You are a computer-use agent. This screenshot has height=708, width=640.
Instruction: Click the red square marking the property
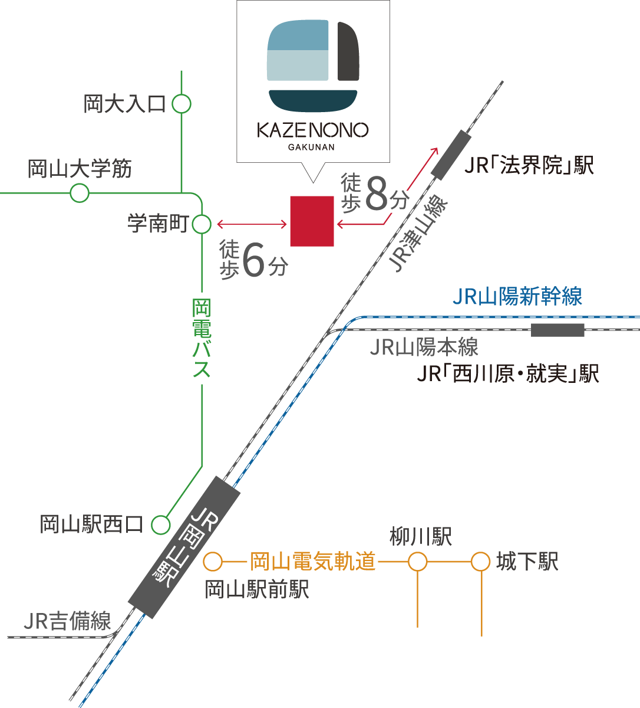312,221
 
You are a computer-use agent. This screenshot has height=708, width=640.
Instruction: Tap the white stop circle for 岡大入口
182,104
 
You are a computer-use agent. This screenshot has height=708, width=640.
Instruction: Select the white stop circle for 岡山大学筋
80,193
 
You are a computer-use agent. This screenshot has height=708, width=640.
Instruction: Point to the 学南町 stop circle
202,224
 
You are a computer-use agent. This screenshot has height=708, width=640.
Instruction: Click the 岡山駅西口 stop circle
160,525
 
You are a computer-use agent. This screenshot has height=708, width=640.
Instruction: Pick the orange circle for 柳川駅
417,562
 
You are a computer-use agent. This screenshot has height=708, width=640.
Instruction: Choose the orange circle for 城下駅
481,562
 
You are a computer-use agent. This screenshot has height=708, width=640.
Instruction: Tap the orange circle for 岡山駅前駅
213,562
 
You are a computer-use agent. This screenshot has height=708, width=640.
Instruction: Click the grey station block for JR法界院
451,155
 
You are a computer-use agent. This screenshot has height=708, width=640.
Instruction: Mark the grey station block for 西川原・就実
557,330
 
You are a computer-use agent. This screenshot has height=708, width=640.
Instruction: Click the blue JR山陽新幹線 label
517,297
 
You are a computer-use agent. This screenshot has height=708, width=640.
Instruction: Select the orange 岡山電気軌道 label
313,562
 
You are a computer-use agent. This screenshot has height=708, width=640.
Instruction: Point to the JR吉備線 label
67,621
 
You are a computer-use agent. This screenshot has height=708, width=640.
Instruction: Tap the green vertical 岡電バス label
202,339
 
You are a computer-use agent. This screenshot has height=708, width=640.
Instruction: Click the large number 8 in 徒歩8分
377,193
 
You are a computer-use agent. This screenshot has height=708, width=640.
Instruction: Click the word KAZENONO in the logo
313,130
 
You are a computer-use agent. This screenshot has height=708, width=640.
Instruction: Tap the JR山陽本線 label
423,348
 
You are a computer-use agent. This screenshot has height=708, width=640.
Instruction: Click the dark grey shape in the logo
348,51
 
